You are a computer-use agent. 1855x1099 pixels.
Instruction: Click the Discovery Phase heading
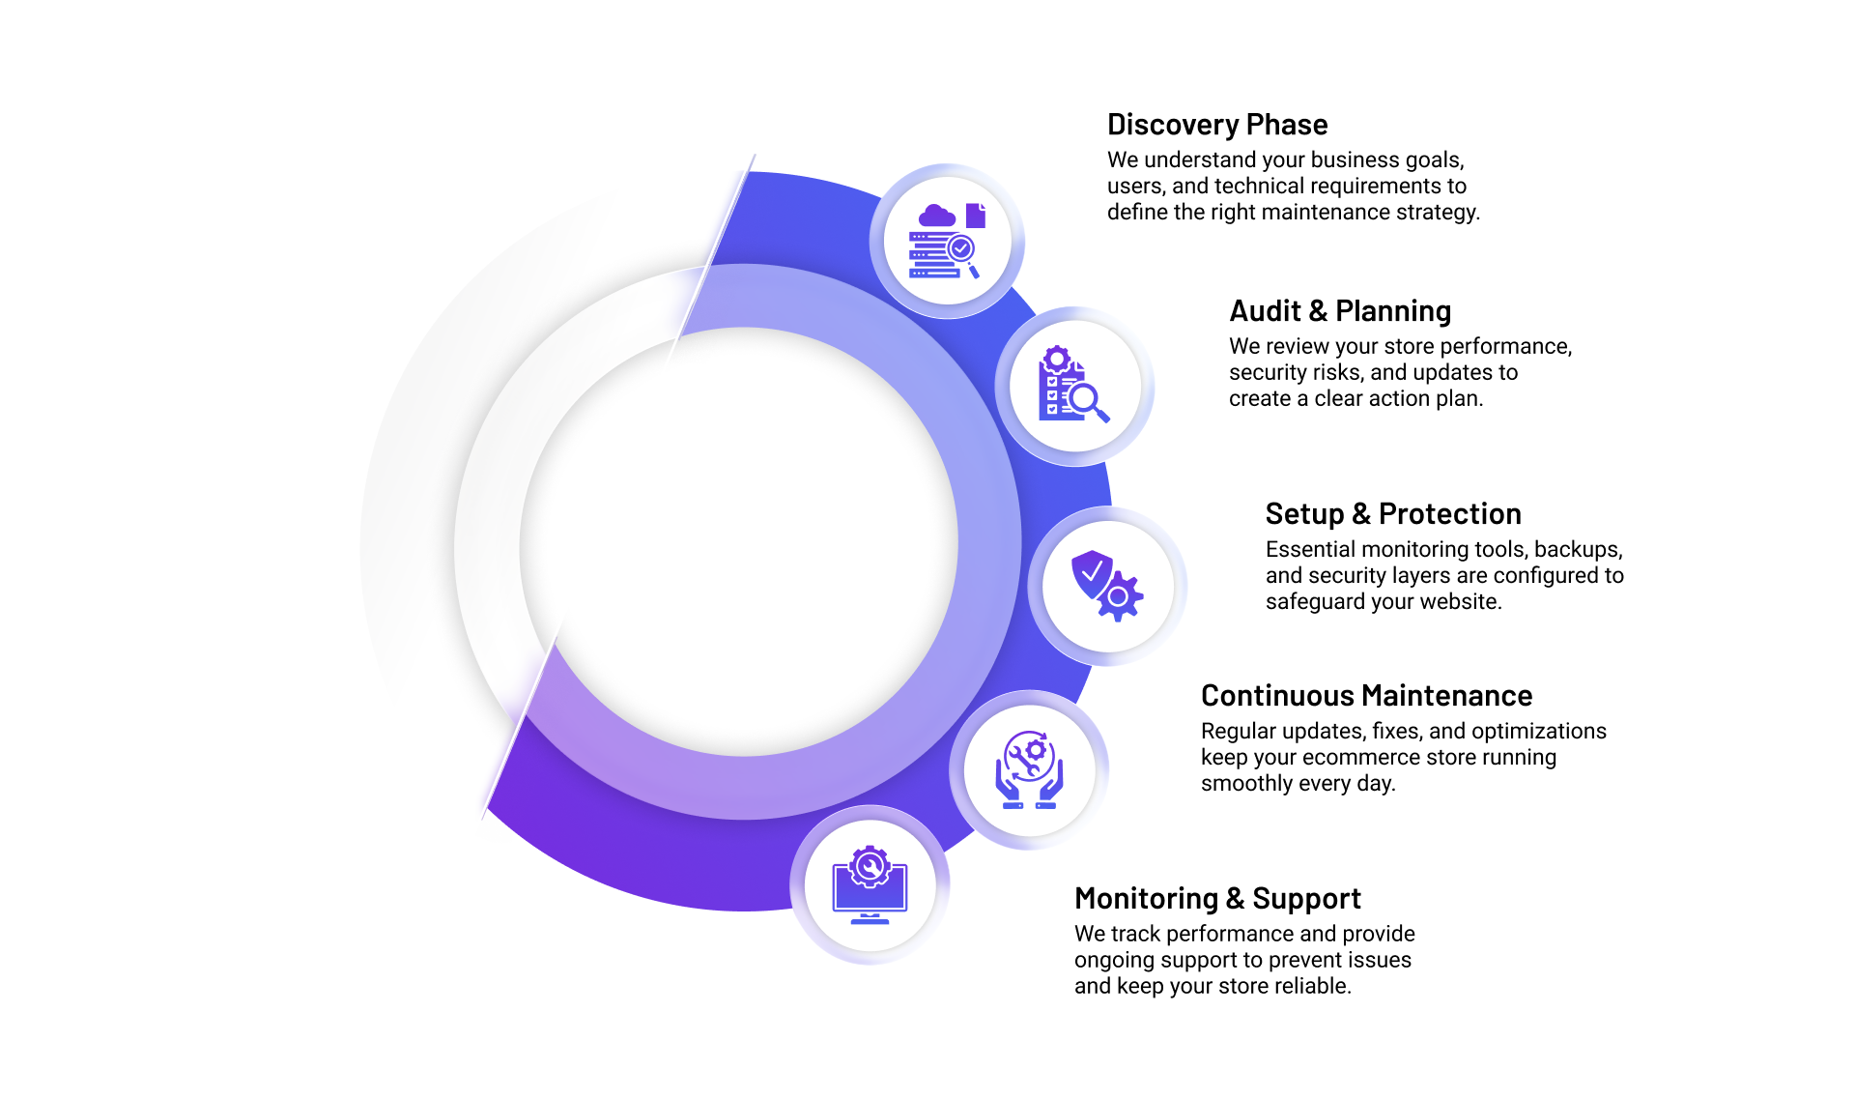1216,125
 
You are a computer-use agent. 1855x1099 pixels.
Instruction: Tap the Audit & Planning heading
1339,311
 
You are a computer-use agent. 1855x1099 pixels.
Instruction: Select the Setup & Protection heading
1392,514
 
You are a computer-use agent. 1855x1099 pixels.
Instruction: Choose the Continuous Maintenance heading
1366,696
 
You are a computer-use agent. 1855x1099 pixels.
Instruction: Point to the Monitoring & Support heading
1216,899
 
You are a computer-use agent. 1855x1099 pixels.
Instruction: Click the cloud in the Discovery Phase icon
936,216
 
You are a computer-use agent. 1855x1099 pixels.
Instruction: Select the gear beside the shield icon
1119,597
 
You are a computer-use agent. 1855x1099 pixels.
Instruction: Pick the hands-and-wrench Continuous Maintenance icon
1030,770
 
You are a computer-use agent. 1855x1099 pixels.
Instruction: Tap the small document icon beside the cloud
976,216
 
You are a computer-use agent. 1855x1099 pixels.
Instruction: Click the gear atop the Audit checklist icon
1057,360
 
